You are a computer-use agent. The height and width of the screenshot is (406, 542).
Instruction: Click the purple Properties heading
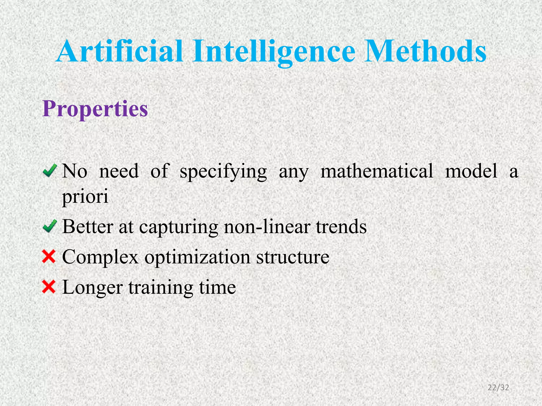click(x=95, y=109)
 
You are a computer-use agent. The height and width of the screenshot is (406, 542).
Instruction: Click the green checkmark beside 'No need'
click(x=49, y=170)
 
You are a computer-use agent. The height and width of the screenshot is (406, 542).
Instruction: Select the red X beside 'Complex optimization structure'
click(x=49, y=257)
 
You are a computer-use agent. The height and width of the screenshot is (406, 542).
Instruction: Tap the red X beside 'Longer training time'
click(x=49, y=287)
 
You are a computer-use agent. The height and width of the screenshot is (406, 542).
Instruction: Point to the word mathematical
click(x=377, y=171)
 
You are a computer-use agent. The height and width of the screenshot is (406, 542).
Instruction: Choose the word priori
click(x=85, y=197)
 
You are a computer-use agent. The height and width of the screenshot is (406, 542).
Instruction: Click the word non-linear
click(x=267, y=227)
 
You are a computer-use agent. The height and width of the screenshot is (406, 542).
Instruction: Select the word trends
click(x=341, y=227)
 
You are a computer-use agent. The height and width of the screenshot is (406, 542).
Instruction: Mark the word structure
click(x=293, y=257)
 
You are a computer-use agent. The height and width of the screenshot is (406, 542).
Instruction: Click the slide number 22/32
click(x=498, y=387)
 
